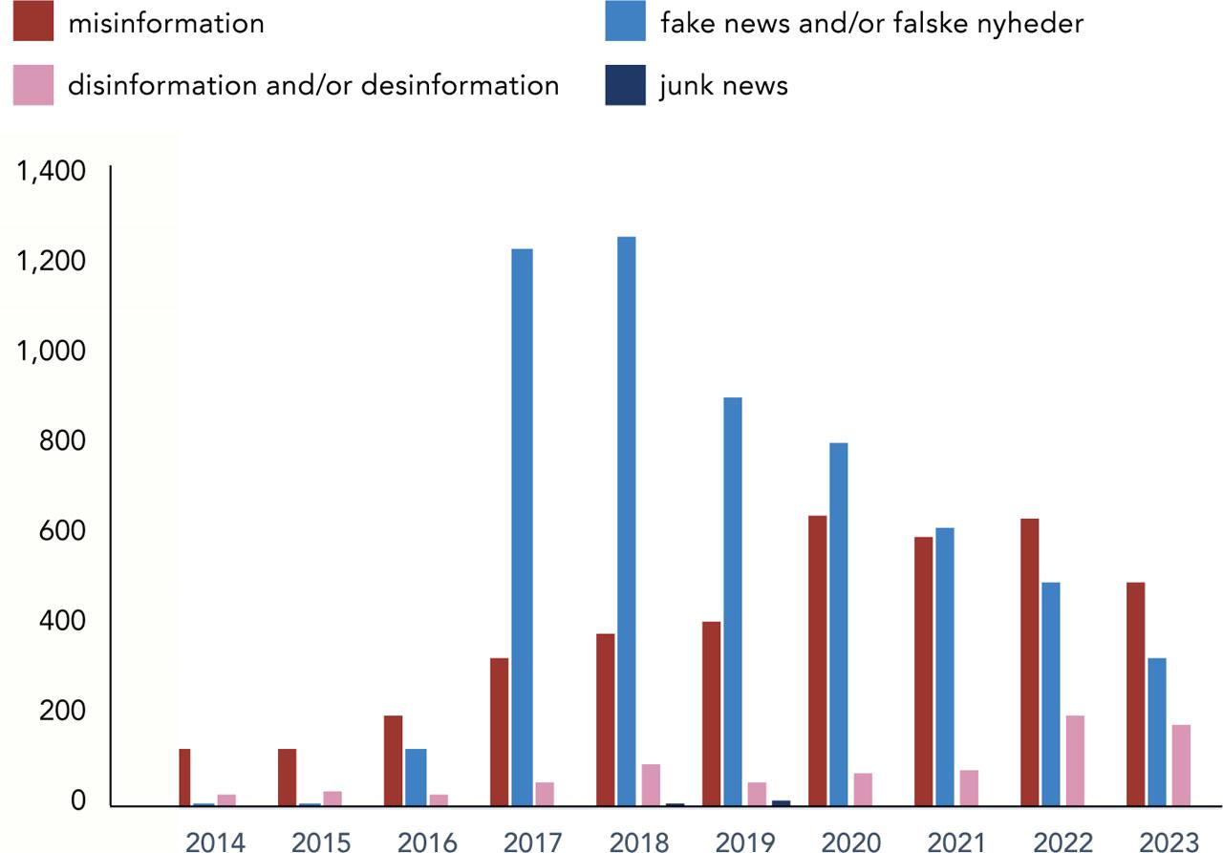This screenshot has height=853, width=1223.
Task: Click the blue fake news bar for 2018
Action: point(626,521)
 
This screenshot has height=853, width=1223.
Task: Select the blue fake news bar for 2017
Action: point(522,526)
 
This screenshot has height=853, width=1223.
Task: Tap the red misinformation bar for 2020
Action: point(818,660)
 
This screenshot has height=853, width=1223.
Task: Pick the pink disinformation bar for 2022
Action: point(1074,760)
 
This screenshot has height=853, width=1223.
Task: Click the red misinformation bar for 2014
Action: point(184,777)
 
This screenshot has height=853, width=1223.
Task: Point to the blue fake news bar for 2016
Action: point(416,777)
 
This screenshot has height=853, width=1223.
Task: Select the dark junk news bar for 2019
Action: point(781,803)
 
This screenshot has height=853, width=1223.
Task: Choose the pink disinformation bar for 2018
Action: point(650,784)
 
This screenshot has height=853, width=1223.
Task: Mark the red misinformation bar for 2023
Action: point(1135,693)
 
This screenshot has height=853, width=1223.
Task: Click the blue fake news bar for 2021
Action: point(945,666)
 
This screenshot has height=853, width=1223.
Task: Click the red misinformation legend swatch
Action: point(32,23)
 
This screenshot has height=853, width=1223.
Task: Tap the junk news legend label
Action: point(723,86)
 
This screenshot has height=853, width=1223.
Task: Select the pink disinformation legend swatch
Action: point(32,86)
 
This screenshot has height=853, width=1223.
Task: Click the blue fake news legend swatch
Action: point(625,23)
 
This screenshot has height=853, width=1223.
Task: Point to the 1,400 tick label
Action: point(52,171)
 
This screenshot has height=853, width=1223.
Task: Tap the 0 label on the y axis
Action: point(76,802)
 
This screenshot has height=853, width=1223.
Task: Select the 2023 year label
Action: point(1169,842)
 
